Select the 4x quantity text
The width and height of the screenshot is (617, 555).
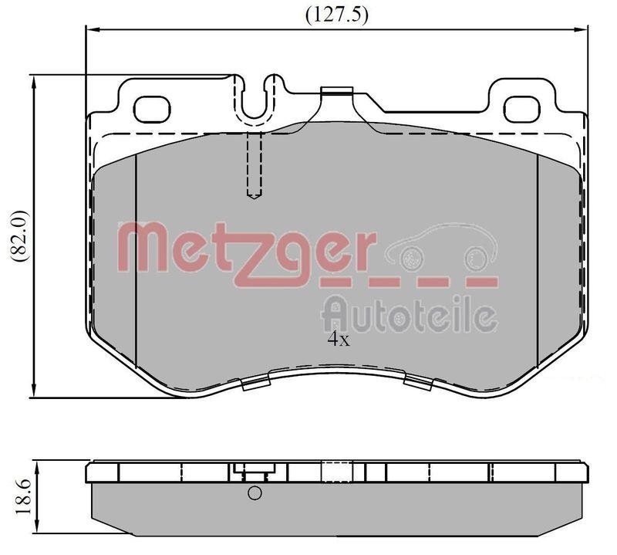pos(338,340)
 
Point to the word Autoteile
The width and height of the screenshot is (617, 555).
pos(408,315)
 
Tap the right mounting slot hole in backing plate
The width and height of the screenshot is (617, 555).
pos(525,108)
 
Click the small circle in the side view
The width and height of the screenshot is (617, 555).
pos(254,494)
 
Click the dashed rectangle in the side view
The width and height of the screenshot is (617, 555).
pos(336,472)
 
